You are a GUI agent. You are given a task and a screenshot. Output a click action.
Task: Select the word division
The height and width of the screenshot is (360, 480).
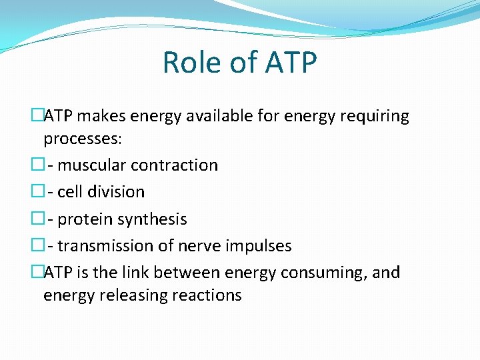(x=116, y=192)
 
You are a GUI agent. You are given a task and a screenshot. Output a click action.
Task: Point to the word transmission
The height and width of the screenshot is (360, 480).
(x=105, y=246)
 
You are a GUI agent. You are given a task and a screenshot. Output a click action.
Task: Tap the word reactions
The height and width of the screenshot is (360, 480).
(x=209, y=295)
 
